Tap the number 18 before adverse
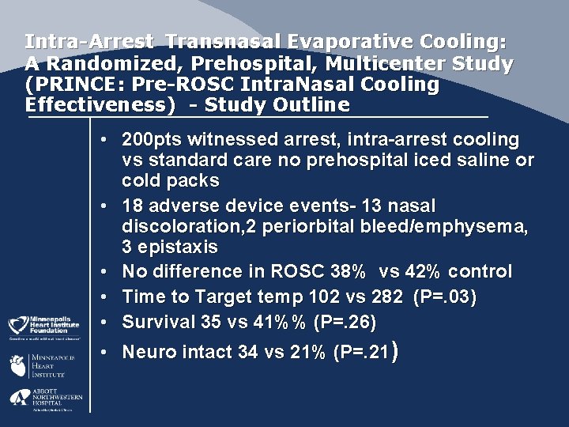click(132, 206)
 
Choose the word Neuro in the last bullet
click(147, 352)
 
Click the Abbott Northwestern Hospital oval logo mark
click(18, 398)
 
